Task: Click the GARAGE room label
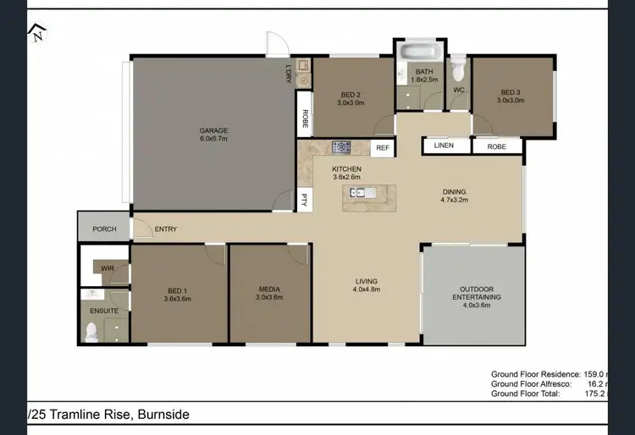coord(213,130)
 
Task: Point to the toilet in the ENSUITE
coord(93,332)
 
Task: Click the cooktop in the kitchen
coord(341,148)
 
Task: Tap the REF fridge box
coord(383,148)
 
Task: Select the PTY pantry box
coord(304,200)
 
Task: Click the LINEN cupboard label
coord(444,146)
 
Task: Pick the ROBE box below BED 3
coord(497,146)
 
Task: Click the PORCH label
coord(104,229)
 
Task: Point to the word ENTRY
coord(166,229)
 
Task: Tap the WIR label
coord(108,268)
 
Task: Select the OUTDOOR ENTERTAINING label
coord(475,293)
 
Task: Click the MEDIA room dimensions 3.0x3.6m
coord(271,297)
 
